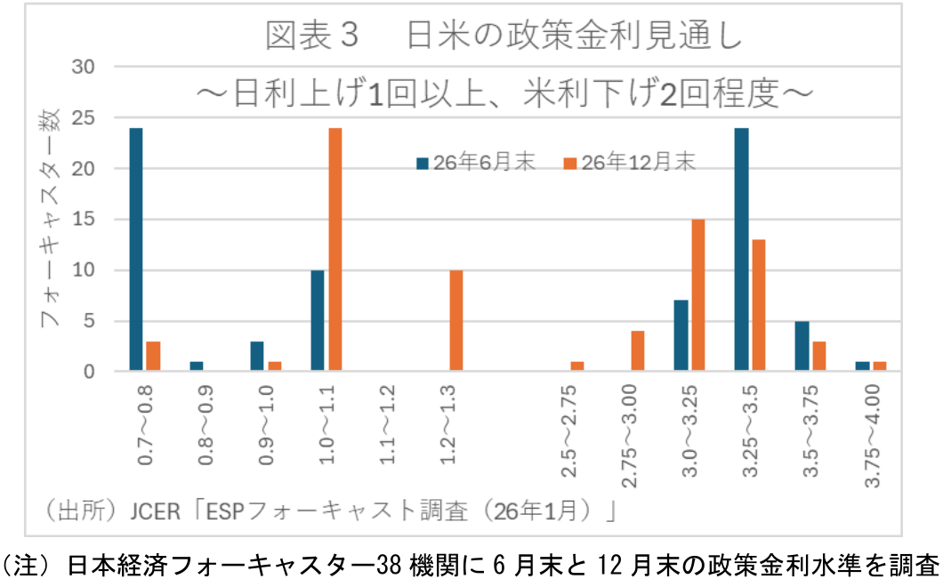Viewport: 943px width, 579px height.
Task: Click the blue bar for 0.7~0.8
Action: coord(136,249)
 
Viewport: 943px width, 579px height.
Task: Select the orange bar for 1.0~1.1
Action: coord(335,249)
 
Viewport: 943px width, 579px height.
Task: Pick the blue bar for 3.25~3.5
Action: coord(741,249)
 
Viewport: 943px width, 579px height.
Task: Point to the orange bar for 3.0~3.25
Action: coord(698,295)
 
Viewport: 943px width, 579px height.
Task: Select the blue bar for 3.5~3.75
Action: coord(802,346)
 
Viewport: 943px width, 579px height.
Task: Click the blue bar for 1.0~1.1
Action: coord(318,320)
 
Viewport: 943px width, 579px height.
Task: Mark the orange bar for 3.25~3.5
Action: coord(758,305)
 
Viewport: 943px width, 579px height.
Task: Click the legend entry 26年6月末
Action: coord(476,163)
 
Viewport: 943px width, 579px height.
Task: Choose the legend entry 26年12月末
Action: coord(631,163)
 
